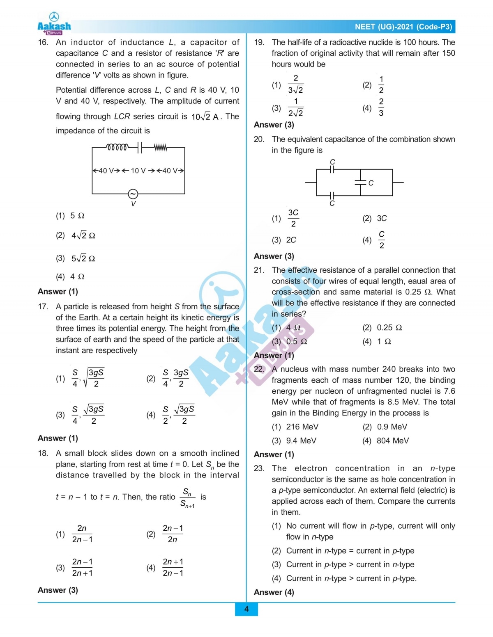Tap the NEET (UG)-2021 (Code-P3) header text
tap(403, 27)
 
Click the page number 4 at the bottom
tap(246, 609)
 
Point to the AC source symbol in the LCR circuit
tap(133, 194)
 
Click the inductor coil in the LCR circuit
tap(117, 147)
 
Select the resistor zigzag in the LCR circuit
tap(161, 147)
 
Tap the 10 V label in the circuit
tap(138, 171)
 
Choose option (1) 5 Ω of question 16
tap(70, 216)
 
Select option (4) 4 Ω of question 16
tap(70, 276)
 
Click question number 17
tap(43, 306)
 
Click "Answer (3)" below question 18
tap(58, 590)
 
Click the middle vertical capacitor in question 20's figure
tap(360, 183)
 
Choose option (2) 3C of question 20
tap(375, 218)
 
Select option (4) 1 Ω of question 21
tap(377, 341)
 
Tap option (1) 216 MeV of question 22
tap(295, 427)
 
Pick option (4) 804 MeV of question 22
tap(385, 441)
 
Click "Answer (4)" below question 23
tap(274, 592)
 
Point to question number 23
tap(259, 468)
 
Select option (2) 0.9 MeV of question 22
tap(385, 427)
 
